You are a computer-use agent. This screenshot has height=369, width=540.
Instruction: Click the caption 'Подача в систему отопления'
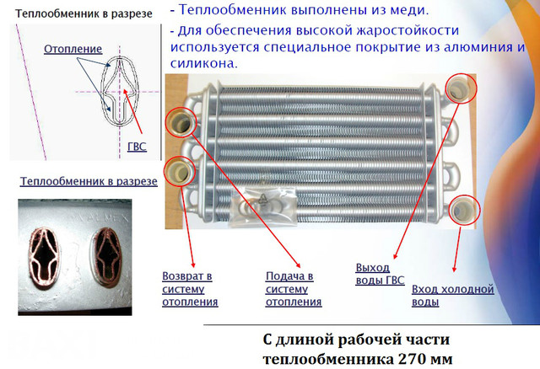tap(294, 289)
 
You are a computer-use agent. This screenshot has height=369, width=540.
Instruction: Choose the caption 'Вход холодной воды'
tap(451, 295)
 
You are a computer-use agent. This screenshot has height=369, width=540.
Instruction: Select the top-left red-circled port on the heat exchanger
tap(182, 121)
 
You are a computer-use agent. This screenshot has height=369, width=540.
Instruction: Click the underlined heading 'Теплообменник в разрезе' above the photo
tap(76, 182)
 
